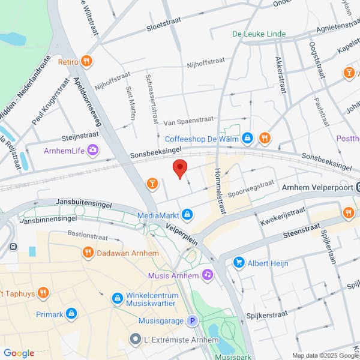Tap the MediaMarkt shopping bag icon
coord(188,214)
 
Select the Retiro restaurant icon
coord(88,61)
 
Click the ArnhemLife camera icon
coord(92,149)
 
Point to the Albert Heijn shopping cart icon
coord(239,263)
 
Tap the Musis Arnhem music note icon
coord(208,275)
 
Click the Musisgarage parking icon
coord(193,321)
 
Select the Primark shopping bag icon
coord(71,313)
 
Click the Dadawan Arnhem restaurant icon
coord(88,253)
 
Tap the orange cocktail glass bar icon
coord(152,182)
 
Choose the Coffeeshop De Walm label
coord(202,139)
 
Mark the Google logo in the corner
coord(19,353)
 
